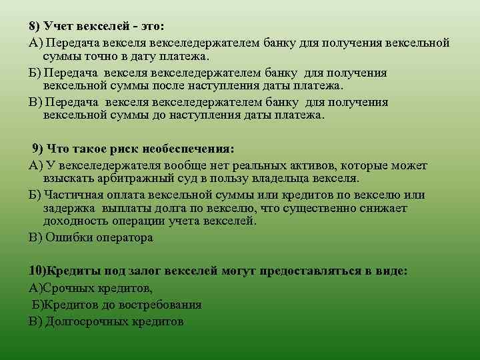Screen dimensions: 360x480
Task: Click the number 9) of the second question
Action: tap(39, 149)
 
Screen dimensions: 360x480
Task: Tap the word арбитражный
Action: tap(124, 179)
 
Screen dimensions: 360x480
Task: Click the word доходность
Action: tap(75, 222)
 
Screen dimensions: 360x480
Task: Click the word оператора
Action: tap(121, 237)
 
